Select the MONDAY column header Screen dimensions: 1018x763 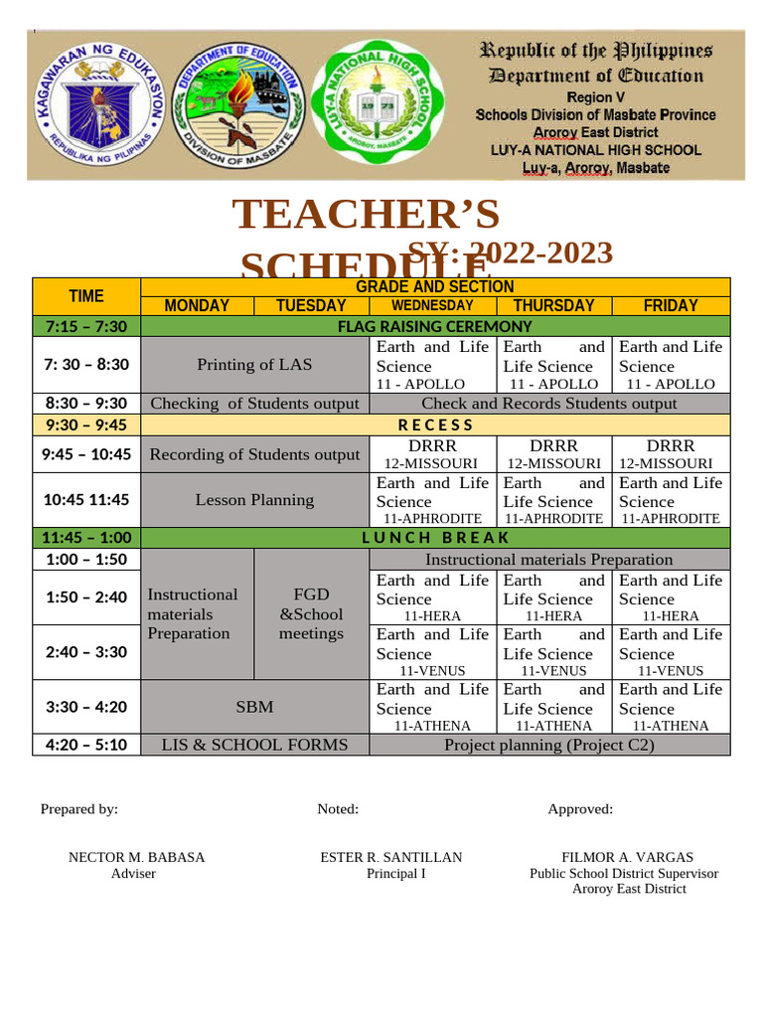click(x=198, y=305)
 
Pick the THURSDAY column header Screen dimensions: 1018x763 click(x=553, y=305)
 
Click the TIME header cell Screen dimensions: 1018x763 click(x=86, y=295)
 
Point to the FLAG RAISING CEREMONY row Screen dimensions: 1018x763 click(x=435, y=326)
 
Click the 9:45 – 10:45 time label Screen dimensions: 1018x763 click(x=86, y=454)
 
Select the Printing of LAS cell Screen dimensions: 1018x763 click(x=254, y=364)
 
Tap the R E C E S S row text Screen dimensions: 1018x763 click(x=435, y=424)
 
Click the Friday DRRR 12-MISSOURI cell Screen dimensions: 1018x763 click(x=671, y=454)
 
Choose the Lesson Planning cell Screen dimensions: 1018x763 click(x=254, y=499)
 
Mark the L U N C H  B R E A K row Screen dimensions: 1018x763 click(x=435, y=538)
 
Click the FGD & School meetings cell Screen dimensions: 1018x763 click(x=311, y=613)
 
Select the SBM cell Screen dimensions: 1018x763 click(x=254, y=707)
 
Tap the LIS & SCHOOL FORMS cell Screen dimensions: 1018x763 click(x=254, y=745)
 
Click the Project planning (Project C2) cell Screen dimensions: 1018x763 click(x=548, y=745)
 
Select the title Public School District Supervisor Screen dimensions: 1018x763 click(x=624, y=874)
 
